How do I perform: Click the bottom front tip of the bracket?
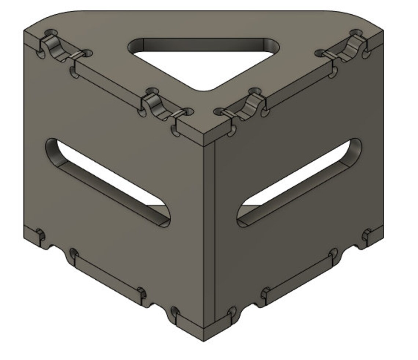(x=204, y=339)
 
